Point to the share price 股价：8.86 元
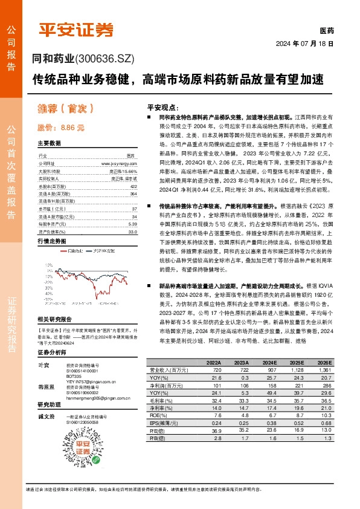(61, 128)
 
